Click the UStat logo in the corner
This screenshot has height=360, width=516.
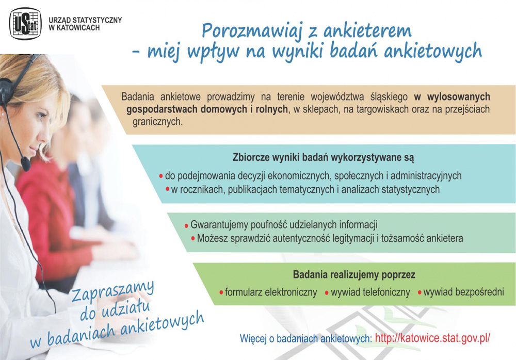(25, 24)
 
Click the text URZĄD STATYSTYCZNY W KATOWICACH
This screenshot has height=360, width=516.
(85, 24)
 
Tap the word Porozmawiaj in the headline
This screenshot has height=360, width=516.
(252, 31)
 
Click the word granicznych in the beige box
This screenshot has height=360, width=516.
(157, 122)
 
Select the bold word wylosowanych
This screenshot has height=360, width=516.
(458, 97)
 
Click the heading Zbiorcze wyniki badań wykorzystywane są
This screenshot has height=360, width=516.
(323, 158)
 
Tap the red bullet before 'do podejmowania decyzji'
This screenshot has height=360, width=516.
(161, 176)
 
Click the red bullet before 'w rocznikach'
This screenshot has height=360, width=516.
(168, 189)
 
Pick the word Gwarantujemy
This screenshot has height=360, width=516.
(219, 225)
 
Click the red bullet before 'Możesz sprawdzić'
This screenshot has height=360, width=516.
(193, 238)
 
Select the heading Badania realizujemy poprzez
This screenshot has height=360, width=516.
(354, 275)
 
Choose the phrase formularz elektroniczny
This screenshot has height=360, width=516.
(271, 292)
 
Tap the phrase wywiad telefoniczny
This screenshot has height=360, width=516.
(370, 292)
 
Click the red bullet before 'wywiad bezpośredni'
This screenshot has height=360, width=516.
(420, 292)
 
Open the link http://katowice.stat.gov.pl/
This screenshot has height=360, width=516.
(432, 338)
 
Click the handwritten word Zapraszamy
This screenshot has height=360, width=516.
(112, 291)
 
